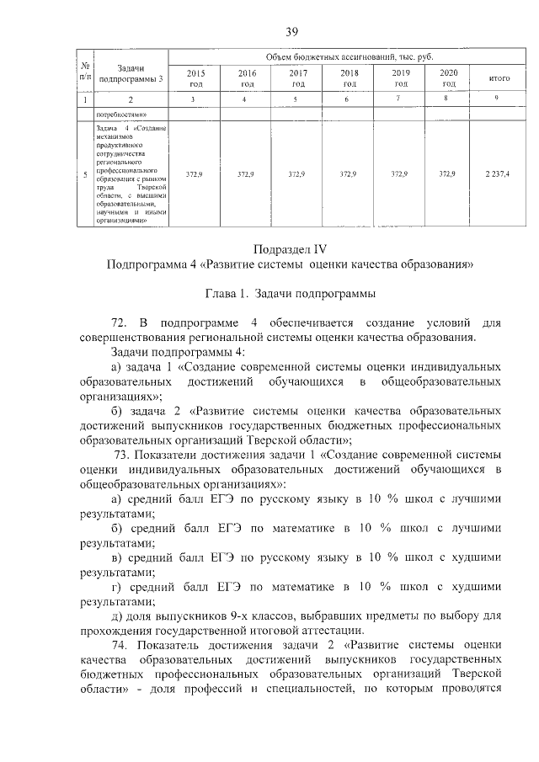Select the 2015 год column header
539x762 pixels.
(x=195, y=78)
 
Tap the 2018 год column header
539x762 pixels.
(x=349, y=78)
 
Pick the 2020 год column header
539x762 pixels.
(x=449, y=78)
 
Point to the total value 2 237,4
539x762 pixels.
(x=497, y=173)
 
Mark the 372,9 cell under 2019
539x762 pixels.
(x=400, y=173)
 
